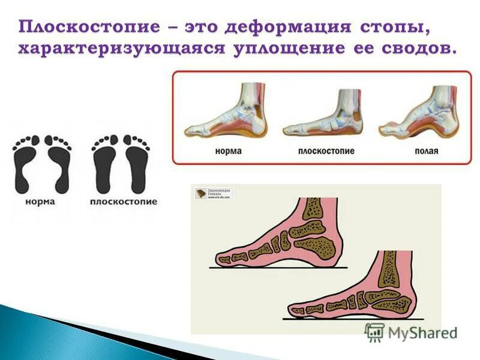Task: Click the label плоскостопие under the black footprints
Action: [x=124, y=202]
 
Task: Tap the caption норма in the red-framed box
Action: [x=228, y=150]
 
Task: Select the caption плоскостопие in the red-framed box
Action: [x=326, y=151]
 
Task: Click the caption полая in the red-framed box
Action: [x=426, y=151]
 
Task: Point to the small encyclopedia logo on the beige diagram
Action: [x=214, y=193]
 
